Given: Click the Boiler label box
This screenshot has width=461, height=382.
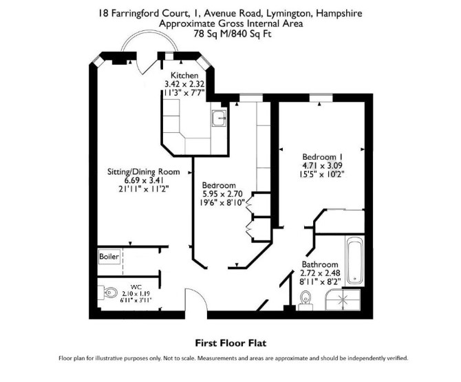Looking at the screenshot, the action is pos(109,257).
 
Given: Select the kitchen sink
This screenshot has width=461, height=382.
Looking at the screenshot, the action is pos(219,118).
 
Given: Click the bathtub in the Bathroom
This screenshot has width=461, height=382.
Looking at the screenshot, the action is pos(355,261).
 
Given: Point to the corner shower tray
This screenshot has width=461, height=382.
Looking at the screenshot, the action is pos(343,299).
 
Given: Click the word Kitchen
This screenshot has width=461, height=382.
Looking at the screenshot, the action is pos(184,75).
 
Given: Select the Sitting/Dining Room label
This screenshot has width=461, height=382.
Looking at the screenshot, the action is pos(144,172).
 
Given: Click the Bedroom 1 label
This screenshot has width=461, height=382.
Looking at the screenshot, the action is pos(322,157).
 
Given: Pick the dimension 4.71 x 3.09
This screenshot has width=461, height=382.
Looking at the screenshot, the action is pos(322,166).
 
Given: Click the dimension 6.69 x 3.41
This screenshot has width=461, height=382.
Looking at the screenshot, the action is pos(144,180).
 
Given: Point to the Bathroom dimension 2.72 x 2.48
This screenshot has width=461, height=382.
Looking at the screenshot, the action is pos(320,273).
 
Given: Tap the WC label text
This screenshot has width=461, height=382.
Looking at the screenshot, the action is pos(136,287).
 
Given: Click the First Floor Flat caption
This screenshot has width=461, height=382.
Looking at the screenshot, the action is pos(231,343).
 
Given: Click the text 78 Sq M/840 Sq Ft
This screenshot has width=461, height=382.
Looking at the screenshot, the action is pos(233,34).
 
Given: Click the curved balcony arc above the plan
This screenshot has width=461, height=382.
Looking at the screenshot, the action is pos(149,38).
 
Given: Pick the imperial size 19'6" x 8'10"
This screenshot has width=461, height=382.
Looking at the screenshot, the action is pos(222,202).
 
